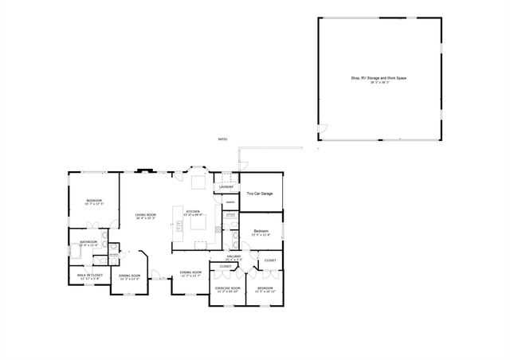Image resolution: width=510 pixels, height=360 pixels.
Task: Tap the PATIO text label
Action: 222,140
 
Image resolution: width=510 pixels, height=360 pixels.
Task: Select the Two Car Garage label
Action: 260,194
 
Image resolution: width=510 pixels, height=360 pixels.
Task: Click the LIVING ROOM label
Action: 145,215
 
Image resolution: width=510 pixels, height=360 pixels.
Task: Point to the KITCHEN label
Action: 194,212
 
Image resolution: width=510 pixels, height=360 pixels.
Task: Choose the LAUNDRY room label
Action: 226,187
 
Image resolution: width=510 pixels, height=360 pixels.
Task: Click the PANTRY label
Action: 229,202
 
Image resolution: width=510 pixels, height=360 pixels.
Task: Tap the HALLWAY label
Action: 233,256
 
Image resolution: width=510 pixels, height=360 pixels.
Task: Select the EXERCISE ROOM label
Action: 227,288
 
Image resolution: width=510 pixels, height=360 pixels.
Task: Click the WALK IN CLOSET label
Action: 89,276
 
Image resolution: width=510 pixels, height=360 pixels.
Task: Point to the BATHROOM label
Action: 88,242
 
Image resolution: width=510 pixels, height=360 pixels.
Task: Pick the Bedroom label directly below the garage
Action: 261,231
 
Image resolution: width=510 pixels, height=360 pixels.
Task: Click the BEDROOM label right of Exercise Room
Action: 265,288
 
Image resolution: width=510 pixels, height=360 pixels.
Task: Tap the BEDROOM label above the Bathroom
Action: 94,201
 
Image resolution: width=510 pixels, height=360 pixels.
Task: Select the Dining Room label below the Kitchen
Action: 190,273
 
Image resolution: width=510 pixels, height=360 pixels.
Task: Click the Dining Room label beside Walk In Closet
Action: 129,276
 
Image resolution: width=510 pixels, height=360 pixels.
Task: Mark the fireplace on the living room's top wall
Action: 143,170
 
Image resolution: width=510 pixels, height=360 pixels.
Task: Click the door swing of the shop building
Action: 322,130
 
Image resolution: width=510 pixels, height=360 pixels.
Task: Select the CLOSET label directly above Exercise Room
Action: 226,266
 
